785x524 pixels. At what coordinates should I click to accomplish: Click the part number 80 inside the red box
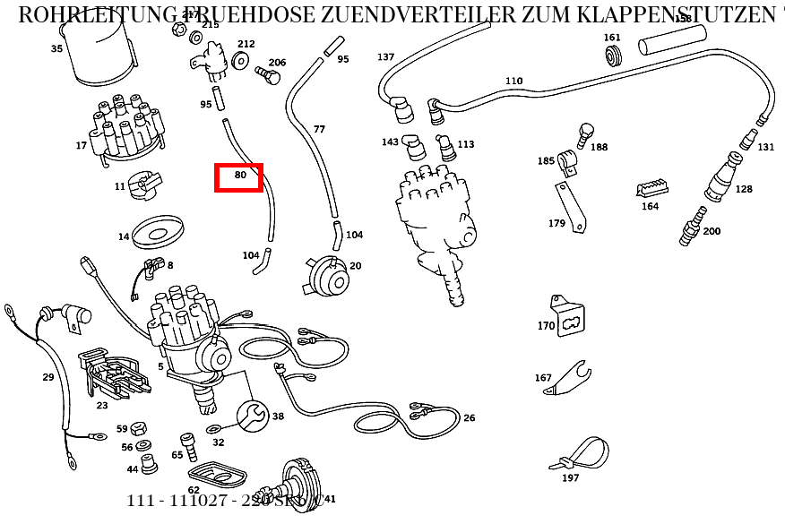tap(239, 176)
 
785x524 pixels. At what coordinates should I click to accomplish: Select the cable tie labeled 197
tap(582, 452)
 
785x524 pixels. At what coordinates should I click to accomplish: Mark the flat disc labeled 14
tap(158, 232)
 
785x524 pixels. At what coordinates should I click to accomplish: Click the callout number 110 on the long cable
tap(513, 81)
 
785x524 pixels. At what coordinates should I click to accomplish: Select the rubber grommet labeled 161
tap(614, 57)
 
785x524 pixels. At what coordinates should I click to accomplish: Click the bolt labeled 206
tap(267, 74)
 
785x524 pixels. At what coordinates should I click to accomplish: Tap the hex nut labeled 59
tap(139, 428)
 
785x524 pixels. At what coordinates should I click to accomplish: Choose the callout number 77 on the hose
tap(319, 129)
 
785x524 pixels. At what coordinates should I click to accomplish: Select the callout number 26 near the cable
tap(470, 417)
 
